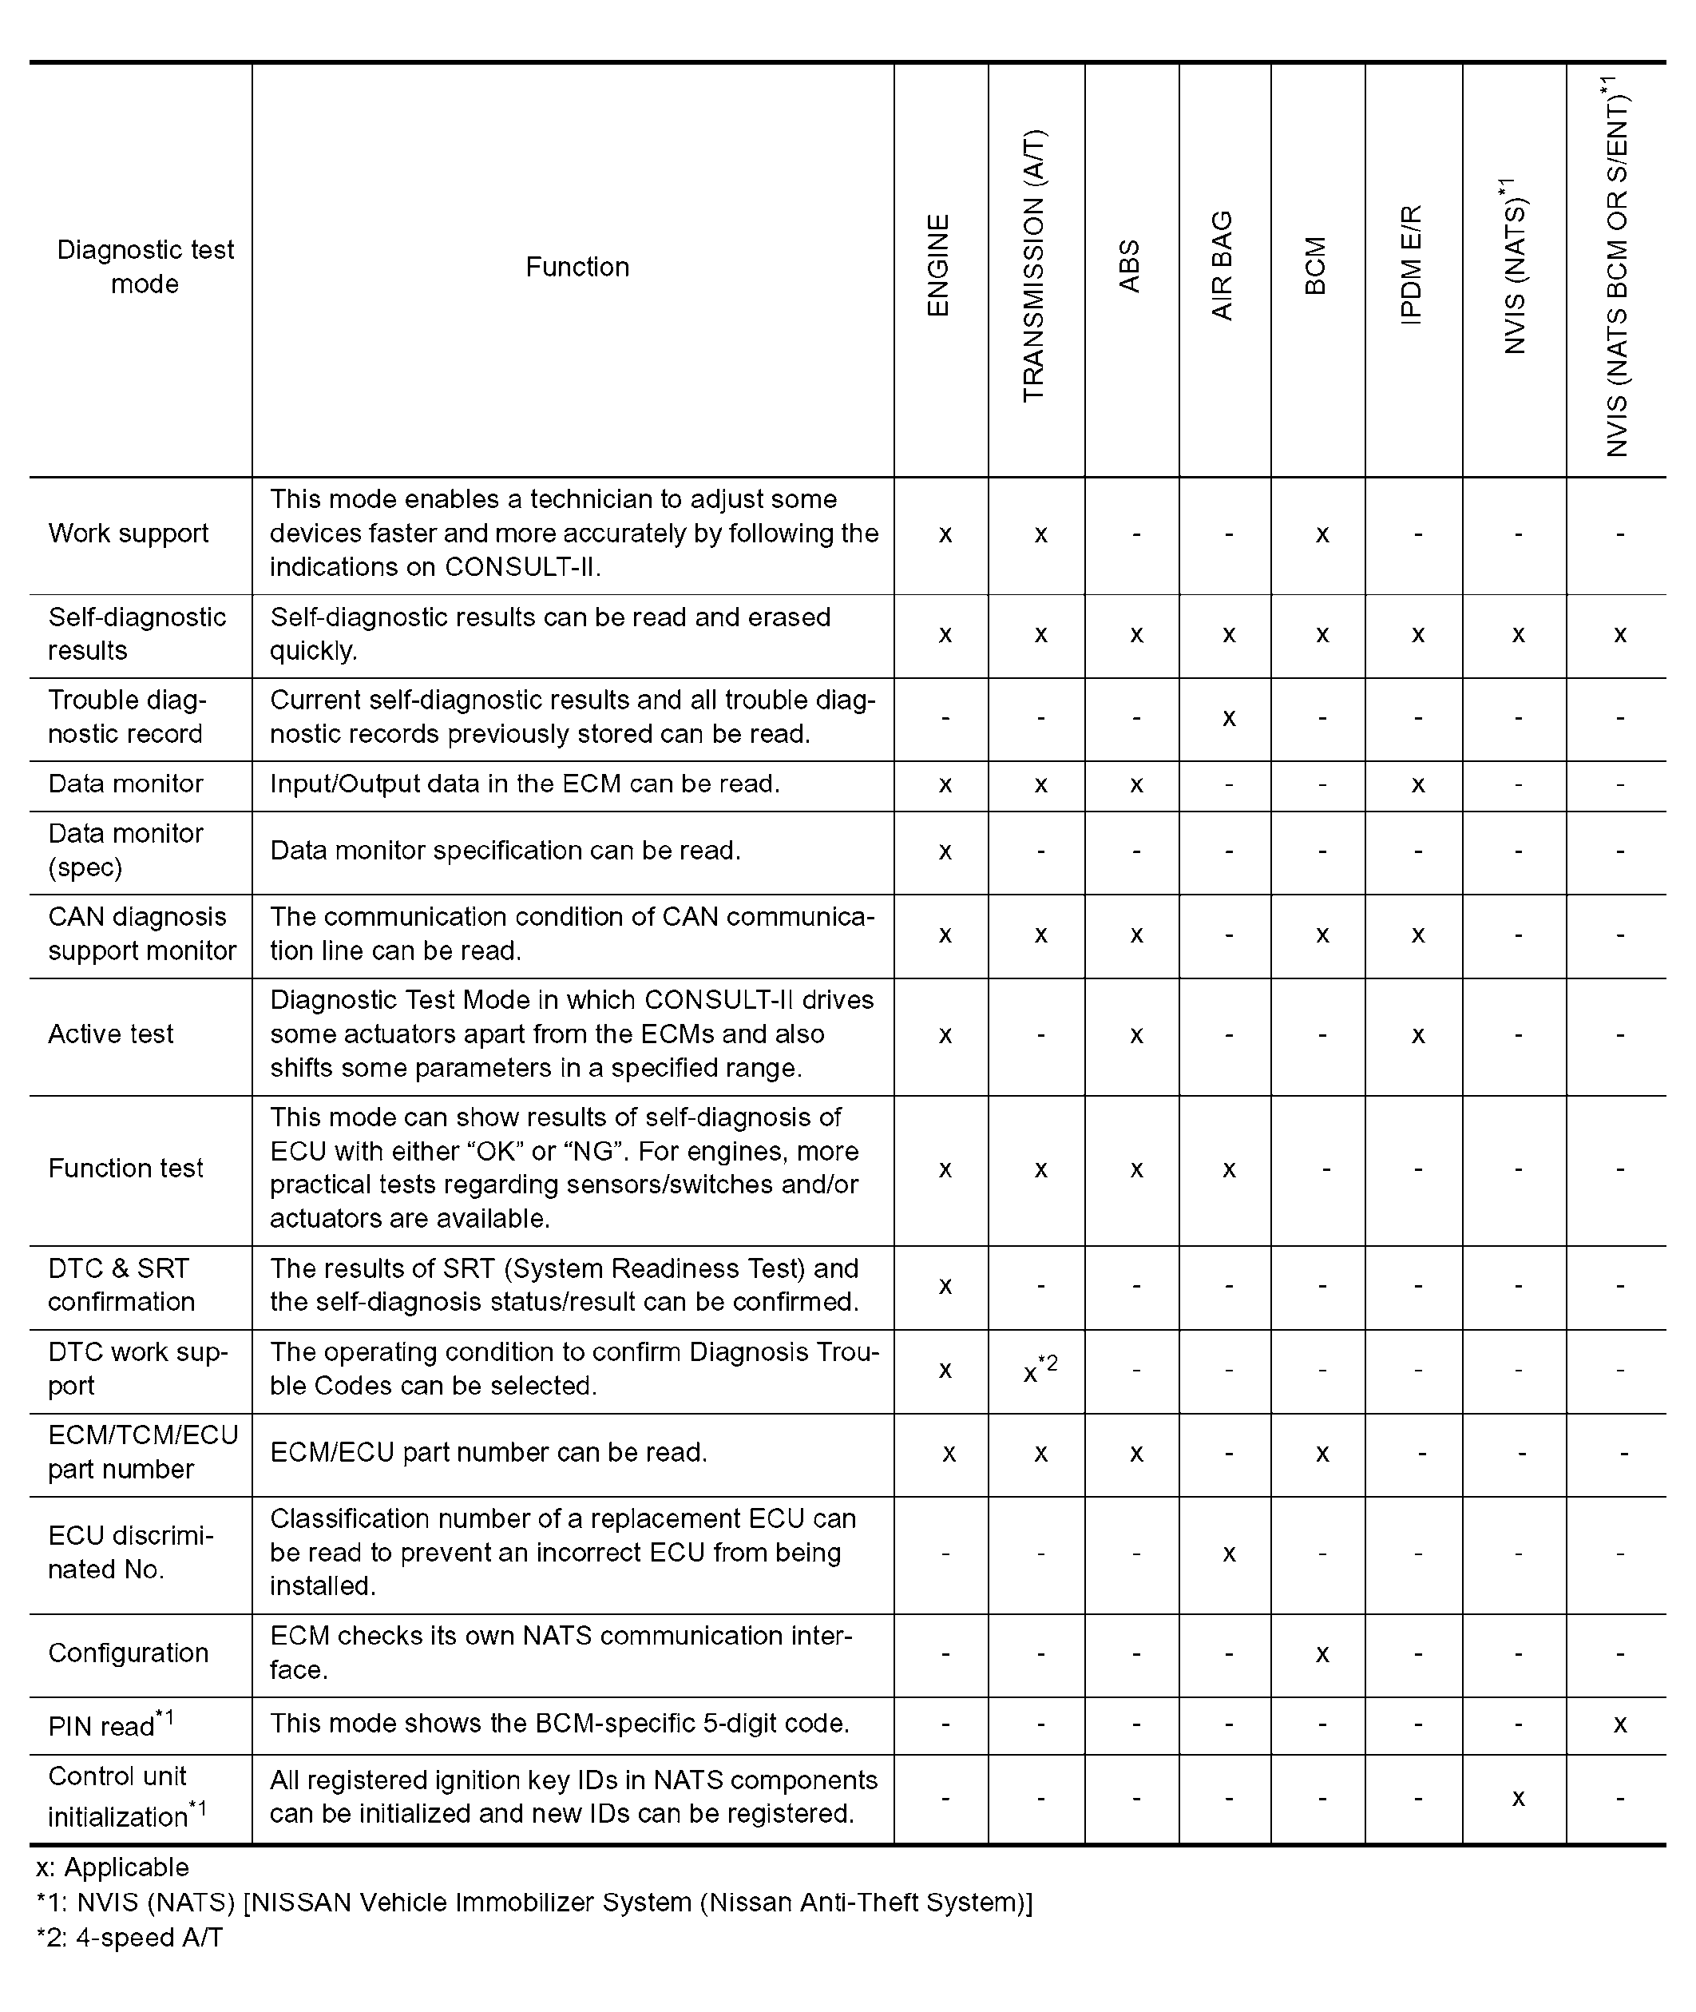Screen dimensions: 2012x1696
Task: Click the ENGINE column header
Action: pos(938,265)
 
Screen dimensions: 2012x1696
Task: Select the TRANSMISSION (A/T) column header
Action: pos(1033,265)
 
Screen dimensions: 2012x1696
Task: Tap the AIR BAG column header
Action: pos(1222,265)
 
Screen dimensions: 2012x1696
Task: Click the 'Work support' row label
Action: pos(128,534)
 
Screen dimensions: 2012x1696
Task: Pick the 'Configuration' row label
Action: pos(128,1653)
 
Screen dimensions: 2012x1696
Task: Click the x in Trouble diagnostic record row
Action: pos(1229,718)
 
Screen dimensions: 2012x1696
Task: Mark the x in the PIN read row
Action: pos(1620,1724)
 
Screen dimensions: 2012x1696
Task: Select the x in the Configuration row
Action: pos(1322,1654)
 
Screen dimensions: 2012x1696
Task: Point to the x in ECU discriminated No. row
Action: pos(1229,1554)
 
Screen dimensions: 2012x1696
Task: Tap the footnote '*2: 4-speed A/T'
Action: pos(130,1937)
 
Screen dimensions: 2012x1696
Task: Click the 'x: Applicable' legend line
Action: pos(113,1867)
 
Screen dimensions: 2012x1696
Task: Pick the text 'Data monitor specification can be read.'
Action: pos(505,851)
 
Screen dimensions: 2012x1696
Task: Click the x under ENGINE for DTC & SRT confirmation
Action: pos(945,1286)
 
